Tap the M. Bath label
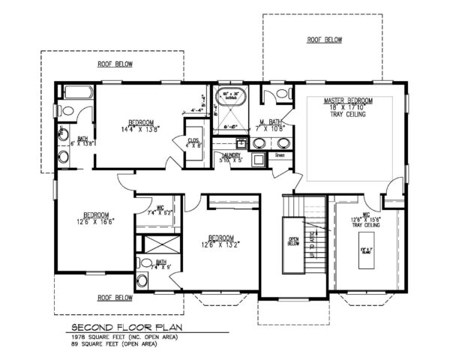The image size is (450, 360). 270,122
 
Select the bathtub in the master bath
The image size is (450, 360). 229,97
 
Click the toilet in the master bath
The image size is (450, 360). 279,94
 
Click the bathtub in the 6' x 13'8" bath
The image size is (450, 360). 77,93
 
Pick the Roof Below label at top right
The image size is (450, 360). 324,39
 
